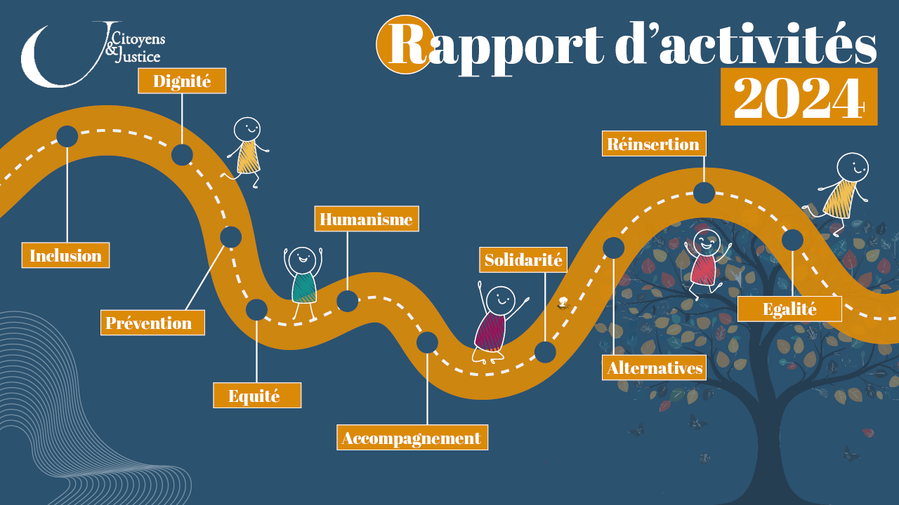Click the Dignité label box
click(182, 81)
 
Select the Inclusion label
click(65, 255)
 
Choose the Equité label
click(257, 396)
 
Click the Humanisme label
click(366, 219)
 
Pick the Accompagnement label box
click(412, 438)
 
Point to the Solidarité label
click(523, 260)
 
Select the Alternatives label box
click(654, 368)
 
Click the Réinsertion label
click(653, 144)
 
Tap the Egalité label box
click(789, 309)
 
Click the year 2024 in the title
click(799, 97)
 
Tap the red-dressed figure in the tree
click(704, 264)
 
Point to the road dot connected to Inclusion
click(67, 136)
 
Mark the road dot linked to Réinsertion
click(704, 192)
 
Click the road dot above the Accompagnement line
click(427, 342)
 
